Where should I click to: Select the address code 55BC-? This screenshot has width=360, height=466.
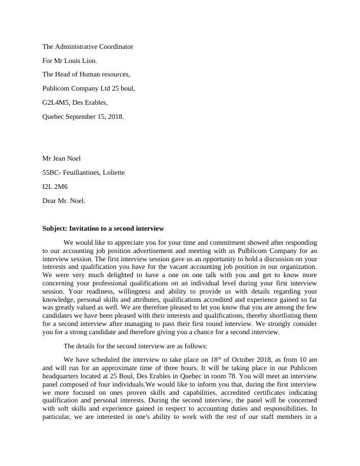click(x=52, y=172)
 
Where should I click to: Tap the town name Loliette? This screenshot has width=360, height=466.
click(x=111, y=172)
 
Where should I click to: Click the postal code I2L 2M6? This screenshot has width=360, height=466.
click(x=55, y=187)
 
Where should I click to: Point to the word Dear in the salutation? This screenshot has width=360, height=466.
click(x=51, y=201)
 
